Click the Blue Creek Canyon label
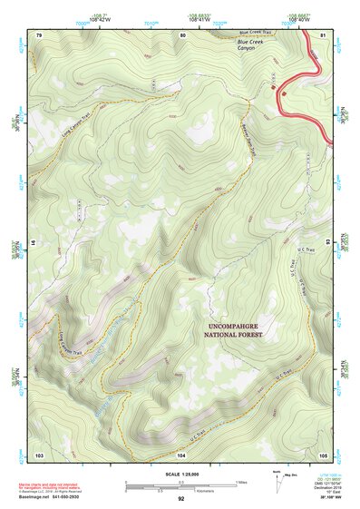(253, 44)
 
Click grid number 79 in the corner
(39, 34)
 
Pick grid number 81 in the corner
(323, 34)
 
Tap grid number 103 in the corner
(39, 453)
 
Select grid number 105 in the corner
(323, 453)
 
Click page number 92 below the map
(180, 499)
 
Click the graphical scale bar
(180, 482)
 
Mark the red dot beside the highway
(284, 92)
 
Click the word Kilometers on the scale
(180, 489)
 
